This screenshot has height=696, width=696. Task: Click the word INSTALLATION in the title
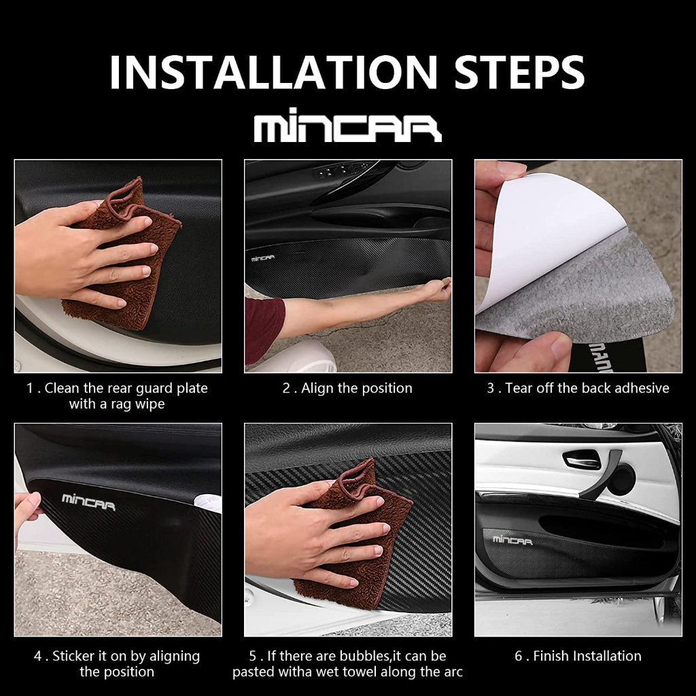click(x=273, y=72)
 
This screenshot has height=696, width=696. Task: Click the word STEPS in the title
click(x=519, y=72)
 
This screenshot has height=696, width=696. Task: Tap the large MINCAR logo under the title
click(x=347, y=125)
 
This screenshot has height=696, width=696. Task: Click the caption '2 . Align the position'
click(x=347, y=388)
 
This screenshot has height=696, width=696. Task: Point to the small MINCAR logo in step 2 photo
click(x=263, y=258)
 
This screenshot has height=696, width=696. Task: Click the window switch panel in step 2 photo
click(x=342, y=171)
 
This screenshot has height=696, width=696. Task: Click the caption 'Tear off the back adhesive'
click(x=587, y=388)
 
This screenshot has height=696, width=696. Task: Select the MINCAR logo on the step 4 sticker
click(x=88, y=502)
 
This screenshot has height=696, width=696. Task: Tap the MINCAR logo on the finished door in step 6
click(x=512, y=540)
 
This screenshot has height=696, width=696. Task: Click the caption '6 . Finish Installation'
click(x=578, y=656)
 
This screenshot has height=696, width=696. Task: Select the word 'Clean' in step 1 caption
click(x=62, y=388)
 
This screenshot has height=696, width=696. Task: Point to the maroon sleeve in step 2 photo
click(x=264, y=328)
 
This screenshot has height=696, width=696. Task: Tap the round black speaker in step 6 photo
click(x=621, y=480)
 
